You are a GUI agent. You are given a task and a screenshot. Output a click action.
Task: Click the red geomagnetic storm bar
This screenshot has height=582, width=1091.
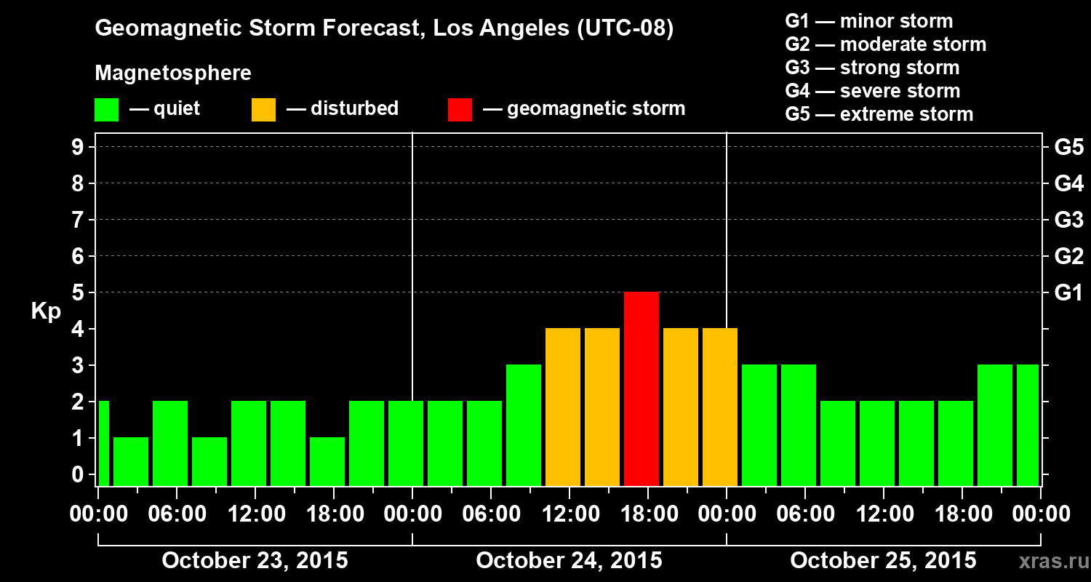642,388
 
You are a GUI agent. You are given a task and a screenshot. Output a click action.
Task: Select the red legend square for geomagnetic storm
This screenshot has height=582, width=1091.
460,109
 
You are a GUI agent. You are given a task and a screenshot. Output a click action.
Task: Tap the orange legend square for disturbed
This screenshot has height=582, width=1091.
263,109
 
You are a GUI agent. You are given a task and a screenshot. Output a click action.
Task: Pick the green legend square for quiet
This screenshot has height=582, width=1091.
106,109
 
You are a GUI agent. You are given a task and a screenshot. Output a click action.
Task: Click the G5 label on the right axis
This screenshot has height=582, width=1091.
1068,147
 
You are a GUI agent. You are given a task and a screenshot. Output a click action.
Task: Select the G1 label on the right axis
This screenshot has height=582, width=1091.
1068,292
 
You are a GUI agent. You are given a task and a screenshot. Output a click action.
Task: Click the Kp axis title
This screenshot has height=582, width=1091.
45,311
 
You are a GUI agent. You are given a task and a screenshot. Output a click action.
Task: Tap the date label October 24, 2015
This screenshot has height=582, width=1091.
569,561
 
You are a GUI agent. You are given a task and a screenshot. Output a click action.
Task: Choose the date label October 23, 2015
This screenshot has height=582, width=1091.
255,561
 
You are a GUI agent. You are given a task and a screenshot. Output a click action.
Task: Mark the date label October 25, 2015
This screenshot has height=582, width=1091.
883,561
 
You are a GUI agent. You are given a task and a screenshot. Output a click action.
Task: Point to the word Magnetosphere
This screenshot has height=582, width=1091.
173,73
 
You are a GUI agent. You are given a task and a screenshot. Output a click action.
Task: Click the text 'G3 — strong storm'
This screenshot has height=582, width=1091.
872,68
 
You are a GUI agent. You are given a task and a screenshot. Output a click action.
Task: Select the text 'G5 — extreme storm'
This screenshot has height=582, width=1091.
879,114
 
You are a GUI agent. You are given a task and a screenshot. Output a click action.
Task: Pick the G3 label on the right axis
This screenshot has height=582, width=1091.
1068,220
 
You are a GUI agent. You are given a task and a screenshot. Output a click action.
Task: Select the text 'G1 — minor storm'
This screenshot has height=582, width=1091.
868,21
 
